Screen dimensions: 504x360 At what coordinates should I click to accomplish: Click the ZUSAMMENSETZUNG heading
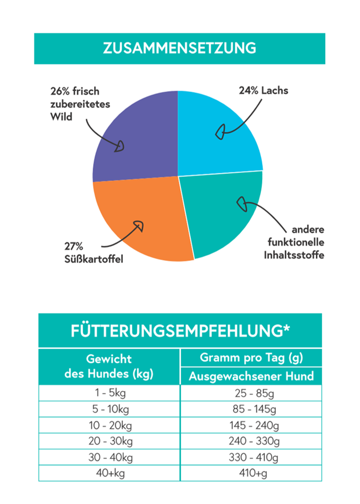[x=180, y=48]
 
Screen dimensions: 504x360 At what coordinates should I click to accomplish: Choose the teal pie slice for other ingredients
[x=222, y=214]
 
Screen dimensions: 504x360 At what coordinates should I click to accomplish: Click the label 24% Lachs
[x=264, y=91]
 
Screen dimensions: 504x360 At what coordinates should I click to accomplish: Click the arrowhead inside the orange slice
[x=139, y=225]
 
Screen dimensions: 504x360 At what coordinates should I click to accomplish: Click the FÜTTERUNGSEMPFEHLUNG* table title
[x=180, y=331]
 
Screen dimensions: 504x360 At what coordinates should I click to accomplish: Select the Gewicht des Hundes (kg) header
[x=109, y=366]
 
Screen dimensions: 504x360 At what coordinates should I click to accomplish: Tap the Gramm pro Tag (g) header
[x=251, y=358]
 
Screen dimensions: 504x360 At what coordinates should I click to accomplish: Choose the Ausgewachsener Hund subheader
[x=251, y=376]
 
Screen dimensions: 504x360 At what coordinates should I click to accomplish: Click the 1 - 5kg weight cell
[x=109, y=393]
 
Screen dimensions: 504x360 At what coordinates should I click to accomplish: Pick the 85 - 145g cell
[x=251, y=409]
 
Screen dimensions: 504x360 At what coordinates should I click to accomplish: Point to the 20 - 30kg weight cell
[x=109, y=441]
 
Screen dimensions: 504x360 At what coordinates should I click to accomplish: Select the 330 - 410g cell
[x=251, y=457]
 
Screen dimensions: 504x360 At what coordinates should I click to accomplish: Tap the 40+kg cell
[x=109, y=474]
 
